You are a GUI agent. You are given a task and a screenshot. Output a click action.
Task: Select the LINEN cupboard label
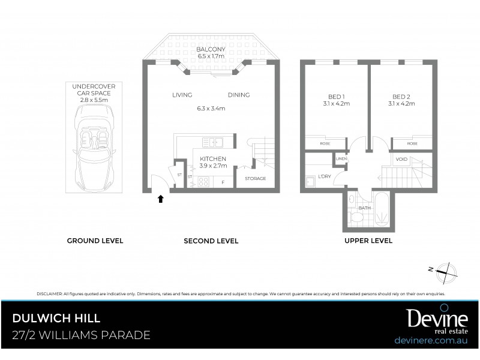341,159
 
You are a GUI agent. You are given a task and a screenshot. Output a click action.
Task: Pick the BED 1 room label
335,97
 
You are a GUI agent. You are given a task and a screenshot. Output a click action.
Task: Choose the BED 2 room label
401,97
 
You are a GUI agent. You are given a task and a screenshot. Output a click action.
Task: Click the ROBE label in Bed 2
412,144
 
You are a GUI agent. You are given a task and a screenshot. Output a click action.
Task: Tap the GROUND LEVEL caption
95,241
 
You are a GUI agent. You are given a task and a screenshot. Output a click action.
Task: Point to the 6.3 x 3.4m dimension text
211,109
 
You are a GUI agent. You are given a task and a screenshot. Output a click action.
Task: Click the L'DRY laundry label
325,176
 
